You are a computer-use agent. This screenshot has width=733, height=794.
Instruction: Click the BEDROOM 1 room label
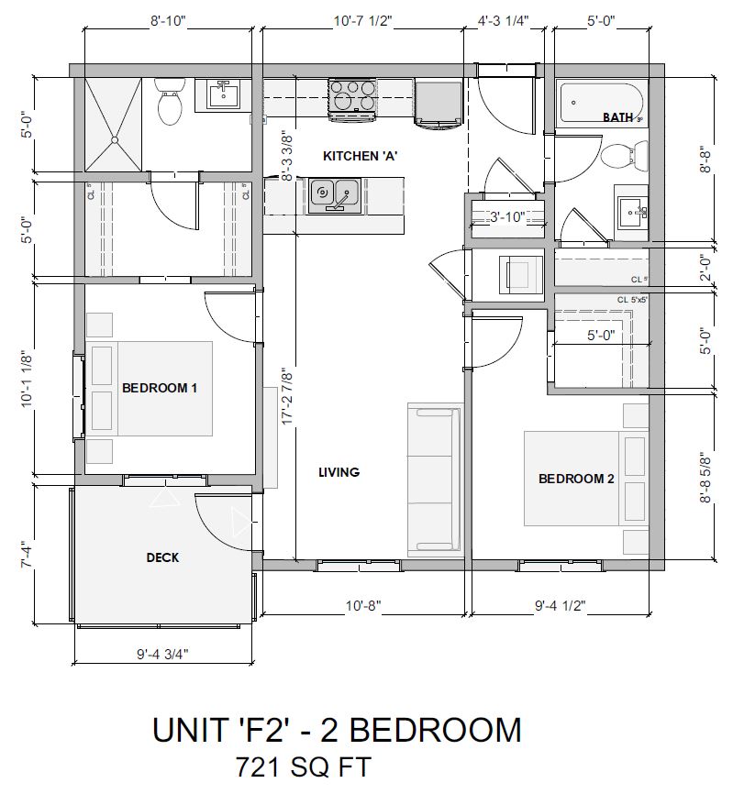[160, 388]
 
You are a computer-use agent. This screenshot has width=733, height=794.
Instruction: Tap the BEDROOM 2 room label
[576, 479]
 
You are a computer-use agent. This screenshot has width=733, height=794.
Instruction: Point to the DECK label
[162, 557]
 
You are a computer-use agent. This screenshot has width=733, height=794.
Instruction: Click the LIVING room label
[339, 472]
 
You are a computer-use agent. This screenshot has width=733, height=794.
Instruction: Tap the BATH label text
[617, 117]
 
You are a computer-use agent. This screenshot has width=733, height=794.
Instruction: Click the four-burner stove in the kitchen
[352, 97]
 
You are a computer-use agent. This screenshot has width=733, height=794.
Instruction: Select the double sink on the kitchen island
[334, 193]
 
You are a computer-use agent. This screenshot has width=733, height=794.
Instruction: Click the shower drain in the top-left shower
[115, 140]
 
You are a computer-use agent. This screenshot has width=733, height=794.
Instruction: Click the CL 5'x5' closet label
[632, 300]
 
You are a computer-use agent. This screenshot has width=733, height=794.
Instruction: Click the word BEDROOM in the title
[437, 730]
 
